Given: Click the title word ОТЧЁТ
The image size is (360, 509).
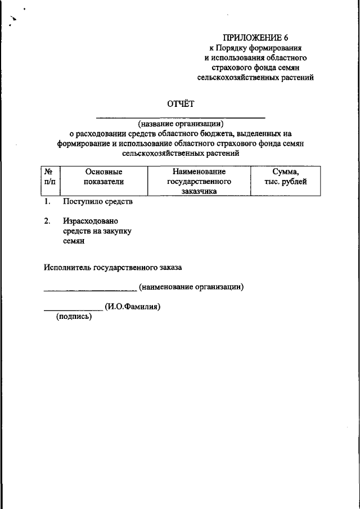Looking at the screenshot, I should pyautogui.click(x=180, y=103).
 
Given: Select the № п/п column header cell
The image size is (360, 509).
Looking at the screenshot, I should pyautogui.click(x=49, y=177).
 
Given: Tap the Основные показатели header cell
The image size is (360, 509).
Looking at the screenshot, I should pyautogui.click(x=103, y=177).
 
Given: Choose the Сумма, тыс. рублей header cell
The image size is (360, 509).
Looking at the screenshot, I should pyautogui.click(x=285, y=177).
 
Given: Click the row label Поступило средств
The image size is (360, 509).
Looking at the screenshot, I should pyautogui.click(x=98, y=201).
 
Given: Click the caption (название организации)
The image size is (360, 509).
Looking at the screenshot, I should pyautogui.click(x=181, y=124).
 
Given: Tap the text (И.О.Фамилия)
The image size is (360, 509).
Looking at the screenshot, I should pyautogui.click(x=133, y=307).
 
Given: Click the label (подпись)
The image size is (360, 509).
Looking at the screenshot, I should pyautogui.click(x=74, y=317).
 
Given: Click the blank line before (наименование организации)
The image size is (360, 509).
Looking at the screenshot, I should pyautogui.click(x=90, y=290).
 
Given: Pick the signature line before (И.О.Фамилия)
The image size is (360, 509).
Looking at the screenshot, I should pyautogui.click(x=73, y=310).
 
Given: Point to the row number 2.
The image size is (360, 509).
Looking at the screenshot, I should pyautogui.click(x=47, y=221).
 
